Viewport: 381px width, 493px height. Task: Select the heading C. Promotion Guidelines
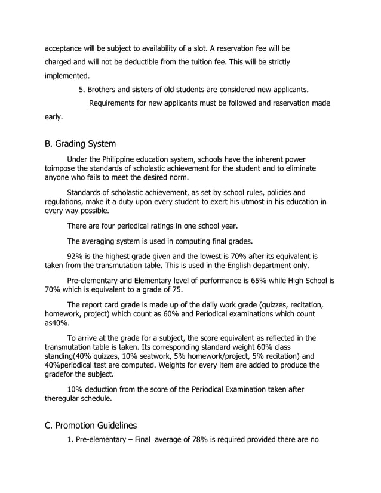pos(91,426)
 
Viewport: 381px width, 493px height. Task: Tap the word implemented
pos(67,76)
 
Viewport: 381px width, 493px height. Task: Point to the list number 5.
pos(82,90)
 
